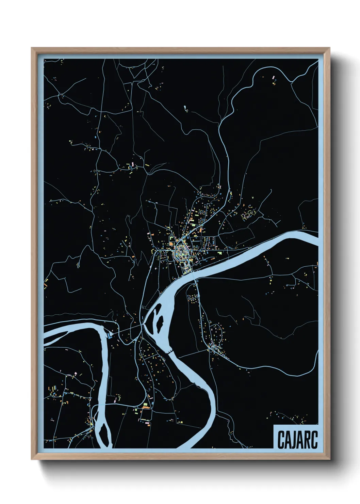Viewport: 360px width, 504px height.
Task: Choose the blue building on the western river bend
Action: click(110, 335)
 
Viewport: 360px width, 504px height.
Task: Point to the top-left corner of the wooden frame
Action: click(33, 49)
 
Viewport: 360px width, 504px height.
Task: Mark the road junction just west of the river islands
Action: click(142, 326)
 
